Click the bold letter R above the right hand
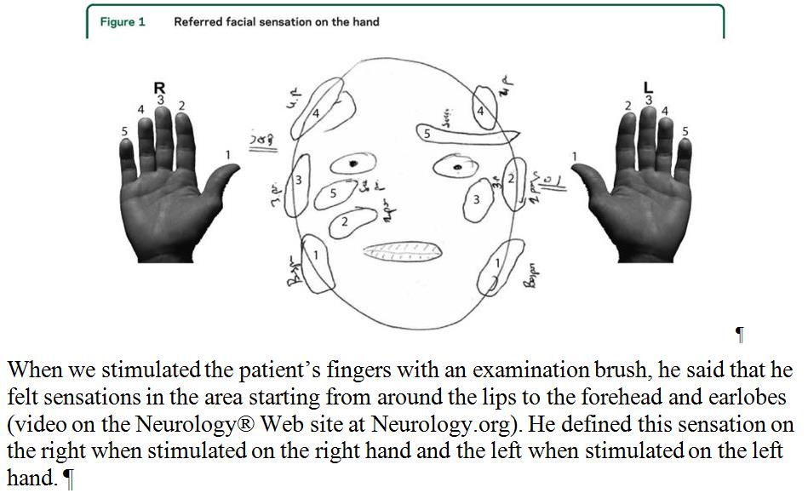tap(159, 87)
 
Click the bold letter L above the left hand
tap(648, 87)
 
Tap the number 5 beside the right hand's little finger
tap(123, 131)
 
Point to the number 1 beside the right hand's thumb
tap(228, 154)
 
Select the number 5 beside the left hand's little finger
tap(685, 131)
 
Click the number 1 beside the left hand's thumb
tap(574, 156)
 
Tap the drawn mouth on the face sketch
tap(403, 249)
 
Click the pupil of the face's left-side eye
tap(353, 163)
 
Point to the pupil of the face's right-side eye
tap(459, 168)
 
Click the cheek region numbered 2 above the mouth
tap(347, 221)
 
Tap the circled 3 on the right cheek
tap(477, 200)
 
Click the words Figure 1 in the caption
tap(123, 22)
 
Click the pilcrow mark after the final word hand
tap(69, 479)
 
